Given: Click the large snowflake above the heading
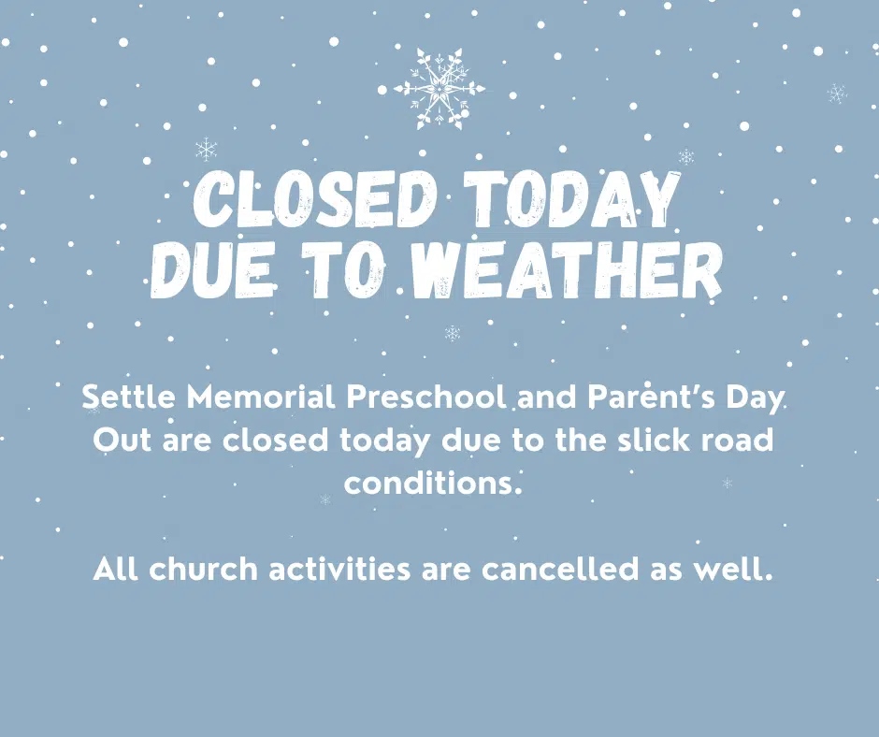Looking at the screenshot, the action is click(439, 89).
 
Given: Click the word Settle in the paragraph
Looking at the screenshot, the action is click(129, 397).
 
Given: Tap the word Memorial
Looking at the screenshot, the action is click(261, 397).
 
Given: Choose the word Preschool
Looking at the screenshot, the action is click(426, 397).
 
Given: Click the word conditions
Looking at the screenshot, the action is click(433, 483).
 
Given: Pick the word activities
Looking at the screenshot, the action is click(339, 569).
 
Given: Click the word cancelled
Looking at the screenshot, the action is click(559, 569).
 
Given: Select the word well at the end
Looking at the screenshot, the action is click(733, 569).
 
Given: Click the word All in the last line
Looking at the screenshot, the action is click(115, 569).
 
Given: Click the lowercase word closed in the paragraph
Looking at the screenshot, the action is click(275, 440).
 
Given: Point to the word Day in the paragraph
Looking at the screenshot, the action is click(755, 398).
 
